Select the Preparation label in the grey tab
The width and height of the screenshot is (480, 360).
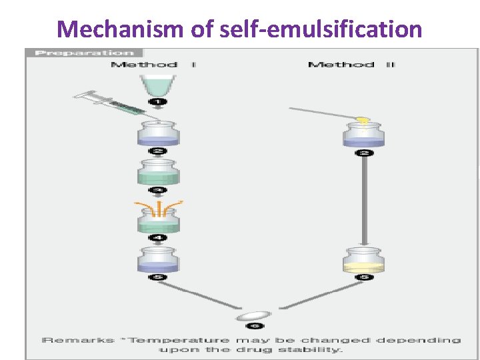click(x=84, y=53)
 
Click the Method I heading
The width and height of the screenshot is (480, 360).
click(x=153, y=65)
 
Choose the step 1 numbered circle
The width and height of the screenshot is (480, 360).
click(x=159, y=101)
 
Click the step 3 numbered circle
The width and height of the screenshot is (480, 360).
click(x=159, y=190)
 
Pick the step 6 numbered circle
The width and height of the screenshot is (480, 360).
click(x=255, y=325)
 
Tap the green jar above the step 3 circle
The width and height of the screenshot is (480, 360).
click(x=159, y=173)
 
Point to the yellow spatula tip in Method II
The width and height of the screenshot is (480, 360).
click(x=362, y=120)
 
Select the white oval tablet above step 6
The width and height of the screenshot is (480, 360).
click(x=255, y=313)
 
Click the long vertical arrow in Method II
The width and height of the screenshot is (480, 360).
click(x=364, y=200)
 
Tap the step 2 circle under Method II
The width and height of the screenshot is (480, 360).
click(x=364, y=153)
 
